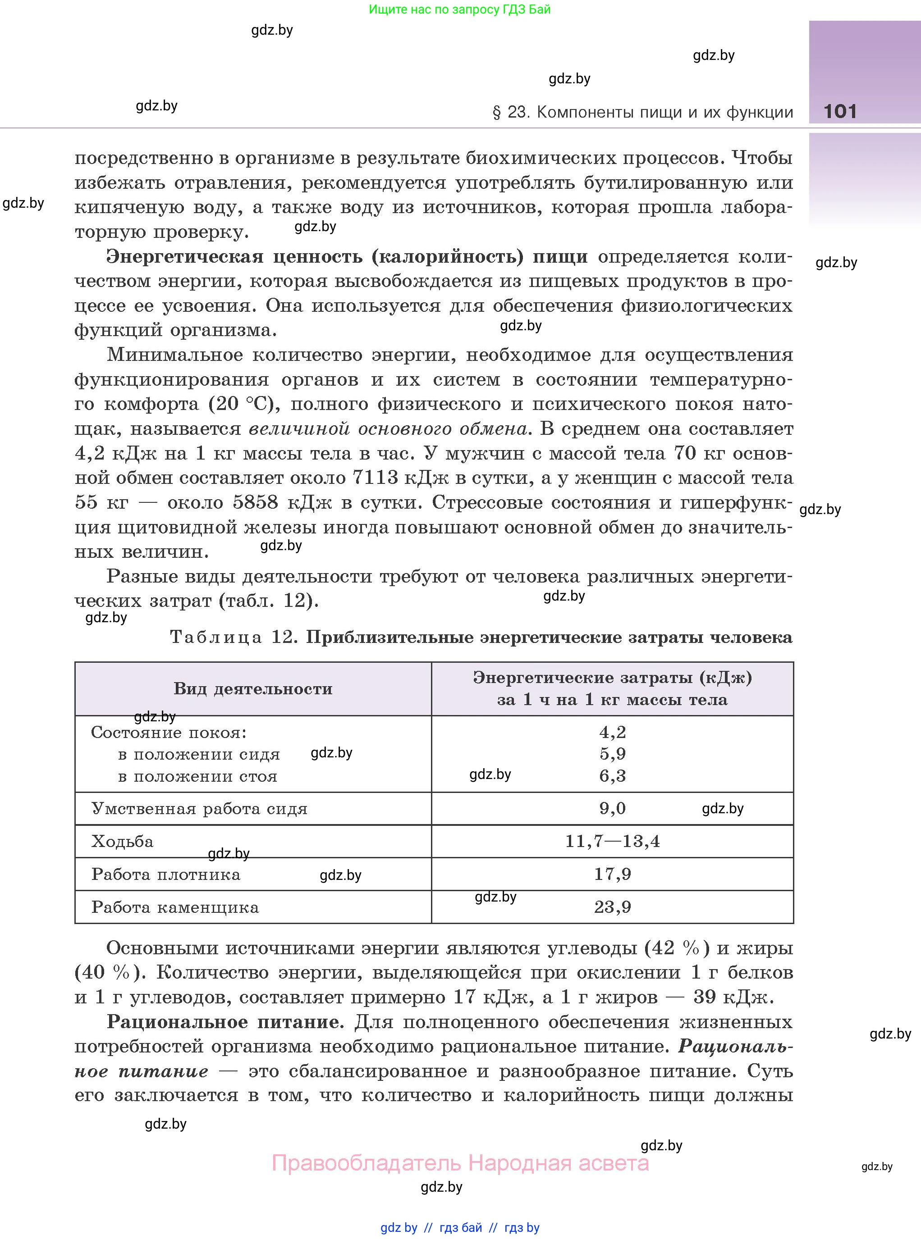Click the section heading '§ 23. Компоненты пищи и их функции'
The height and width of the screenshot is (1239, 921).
coord(642,113)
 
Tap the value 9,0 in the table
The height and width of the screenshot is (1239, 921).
coord(612,808)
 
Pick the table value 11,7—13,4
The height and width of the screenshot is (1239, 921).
coord(612,841)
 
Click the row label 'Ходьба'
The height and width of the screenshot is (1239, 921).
coord(123,841)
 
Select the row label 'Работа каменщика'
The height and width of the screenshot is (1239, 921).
coord(175,907)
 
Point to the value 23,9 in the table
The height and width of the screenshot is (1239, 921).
coord(612,907)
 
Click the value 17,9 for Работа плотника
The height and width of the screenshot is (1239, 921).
coord(612,874)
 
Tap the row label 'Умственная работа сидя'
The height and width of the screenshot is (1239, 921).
coord(199,809)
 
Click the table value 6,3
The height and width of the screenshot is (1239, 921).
coord(612,776)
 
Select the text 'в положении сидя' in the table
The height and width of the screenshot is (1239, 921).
coord(199,754)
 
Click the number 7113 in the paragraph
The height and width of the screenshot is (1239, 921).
coord(375,478)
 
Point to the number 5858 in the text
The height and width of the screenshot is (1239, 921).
coord(255,502)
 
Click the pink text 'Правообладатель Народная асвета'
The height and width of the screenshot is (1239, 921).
coord(460,1164)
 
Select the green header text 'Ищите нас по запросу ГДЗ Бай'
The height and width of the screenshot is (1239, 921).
coord(459,9)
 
